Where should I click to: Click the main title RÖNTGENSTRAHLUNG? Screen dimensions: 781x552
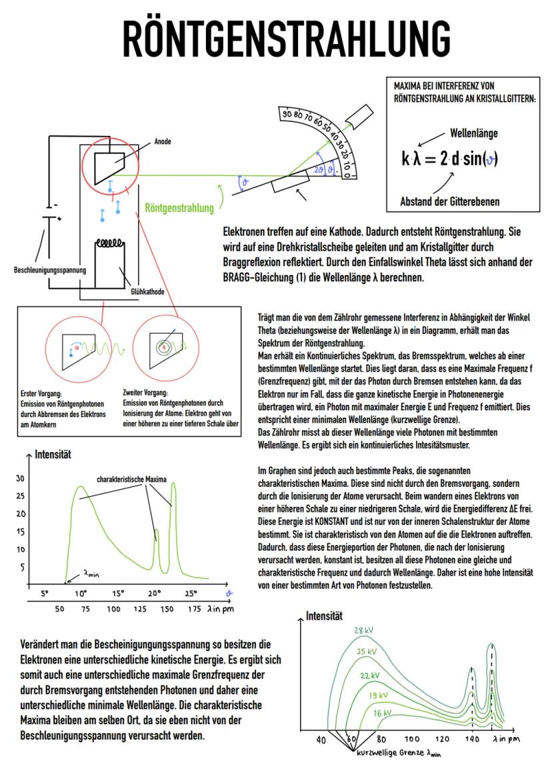tap(276, 38)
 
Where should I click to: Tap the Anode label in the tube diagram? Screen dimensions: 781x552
tap(163, 141)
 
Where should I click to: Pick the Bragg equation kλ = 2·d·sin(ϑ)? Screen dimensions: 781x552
tap(450, 159)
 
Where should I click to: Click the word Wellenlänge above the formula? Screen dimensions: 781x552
tap(474, 133)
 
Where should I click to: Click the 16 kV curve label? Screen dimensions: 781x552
tap(381, 713)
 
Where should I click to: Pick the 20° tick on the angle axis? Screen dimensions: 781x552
tap(155, 593)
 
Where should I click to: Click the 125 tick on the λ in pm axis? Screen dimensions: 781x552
tap(139, 609)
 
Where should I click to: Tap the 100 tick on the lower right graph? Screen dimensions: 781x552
tap(412, 739)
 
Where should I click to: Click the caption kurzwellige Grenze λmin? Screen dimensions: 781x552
tap(397, 753)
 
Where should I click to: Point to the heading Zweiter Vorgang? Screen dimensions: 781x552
tap(146, 393)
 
